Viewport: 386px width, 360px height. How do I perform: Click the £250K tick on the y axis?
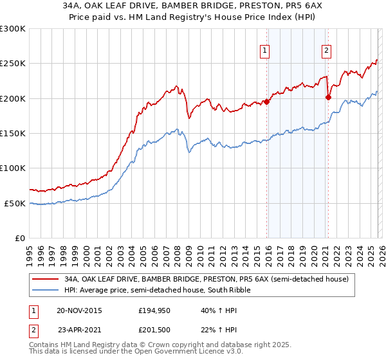13,64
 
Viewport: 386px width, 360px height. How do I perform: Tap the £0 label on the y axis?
19,238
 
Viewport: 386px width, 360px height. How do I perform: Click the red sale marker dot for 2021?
328,98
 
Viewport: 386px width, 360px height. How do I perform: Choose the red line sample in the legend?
45,279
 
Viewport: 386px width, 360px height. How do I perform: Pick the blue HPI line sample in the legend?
45,291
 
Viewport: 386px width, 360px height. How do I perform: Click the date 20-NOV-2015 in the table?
79,310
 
